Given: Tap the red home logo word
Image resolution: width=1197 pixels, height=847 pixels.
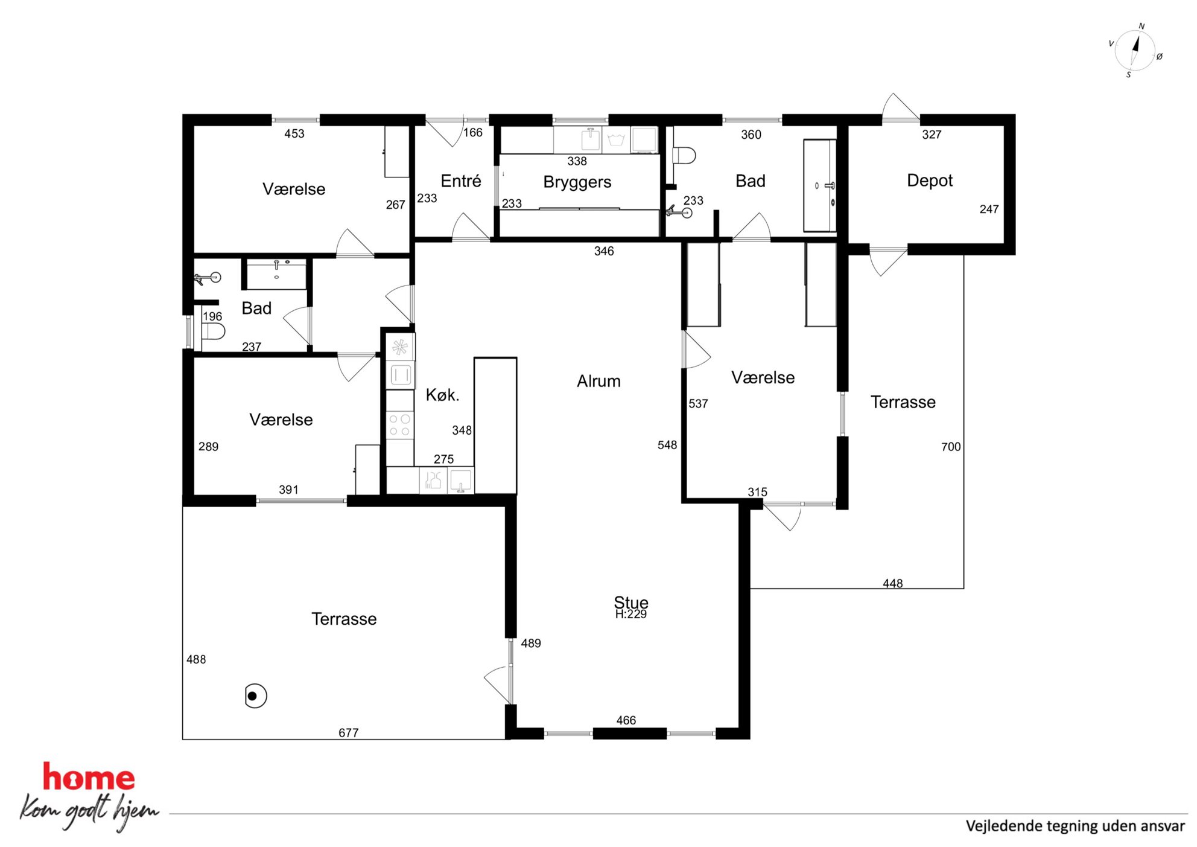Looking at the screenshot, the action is pyautogui.click(x=89, y=778).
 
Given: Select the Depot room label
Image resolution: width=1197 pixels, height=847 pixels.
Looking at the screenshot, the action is pyautogui.click(x=930, y=181).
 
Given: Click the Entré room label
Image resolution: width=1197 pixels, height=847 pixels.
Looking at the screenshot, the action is pyautogui.click(x=461, y=181).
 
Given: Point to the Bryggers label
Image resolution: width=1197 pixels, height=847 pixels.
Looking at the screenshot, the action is pyautogui.click(x=577, y=182).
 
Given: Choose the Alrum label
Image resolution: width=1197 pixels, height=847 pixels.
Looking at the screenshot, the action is pyautogui.click(x=598, y=381).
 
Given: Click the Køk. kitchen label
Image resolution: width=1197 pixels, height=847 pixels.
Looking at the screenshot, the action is pyautogui.click(x=442, y=395).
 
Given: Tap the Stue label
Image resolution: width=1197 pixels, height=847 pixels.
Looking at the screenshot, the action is pyautogui.click(x=631, y=602).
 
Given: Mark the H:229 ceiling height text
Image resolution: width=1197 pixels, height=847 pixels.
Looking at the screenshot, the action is pyautogui.click(x=631, y=615).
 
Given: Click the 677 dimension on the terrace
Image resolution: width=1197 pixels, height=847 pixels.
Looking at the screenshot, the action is pyautogui.click(x=349, y=733).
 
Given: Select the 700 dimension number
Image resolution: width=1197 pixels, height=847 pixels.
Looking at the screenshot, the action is pyautogui.click(x=951, y=447).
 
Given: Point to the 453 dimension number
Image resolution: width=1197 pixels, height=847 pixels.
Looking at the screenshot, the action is pyautogui.click(x=294, y=133).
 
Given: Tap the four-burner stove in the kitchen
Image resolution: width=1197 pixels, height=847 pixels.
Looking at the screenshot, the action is pyautogui.click(x=399, y=424).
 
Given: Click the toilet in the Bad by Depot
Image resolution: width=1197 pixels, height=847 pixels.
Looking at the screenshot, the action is pyautogui.click(x=684, y=156).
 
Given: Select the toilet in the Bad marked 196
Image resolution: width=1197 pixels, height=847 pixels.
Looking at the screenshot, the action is pyautogui.click(x=212, y=331).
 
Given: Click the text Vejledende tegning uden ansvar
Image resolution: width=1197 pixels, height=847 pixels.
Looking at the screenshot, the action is pyautogui.click(x=1075, y=826).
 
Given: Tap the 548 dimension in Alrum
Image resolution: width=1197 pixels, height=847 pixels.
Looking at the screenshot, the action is pyautogui.click(x=667, y=445).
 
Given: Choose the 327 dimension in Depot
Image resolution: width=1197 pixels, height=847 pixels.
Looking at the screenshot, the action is pyautogui.click(x=932, y=135).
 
